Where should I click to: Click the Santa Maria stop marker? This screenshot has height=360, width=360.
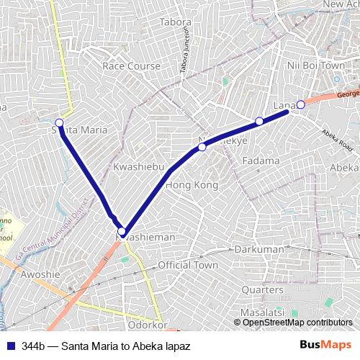(x=59, y=122)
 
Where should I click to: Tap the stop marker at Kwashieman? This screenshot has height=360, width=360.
(x=122, y=232)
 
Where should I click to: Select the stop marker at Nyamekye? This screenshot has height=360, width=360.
(x=202, y=147)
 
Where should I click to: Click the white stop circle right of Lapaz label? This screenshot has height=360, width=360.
(x=301, y=105)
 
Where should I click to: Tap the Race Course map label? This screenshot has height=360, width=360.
(x=131, y=66)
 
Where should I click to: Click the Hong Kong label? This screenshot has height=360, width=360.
(x=192, y=185)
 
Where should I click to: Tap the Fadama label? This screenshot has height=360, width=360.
(x=260, y=161)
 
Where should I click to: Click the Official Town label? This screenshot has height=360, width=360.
(x=188, y=265)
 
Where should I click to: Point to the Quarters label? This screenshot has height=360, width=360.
(x=263, y=289)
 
